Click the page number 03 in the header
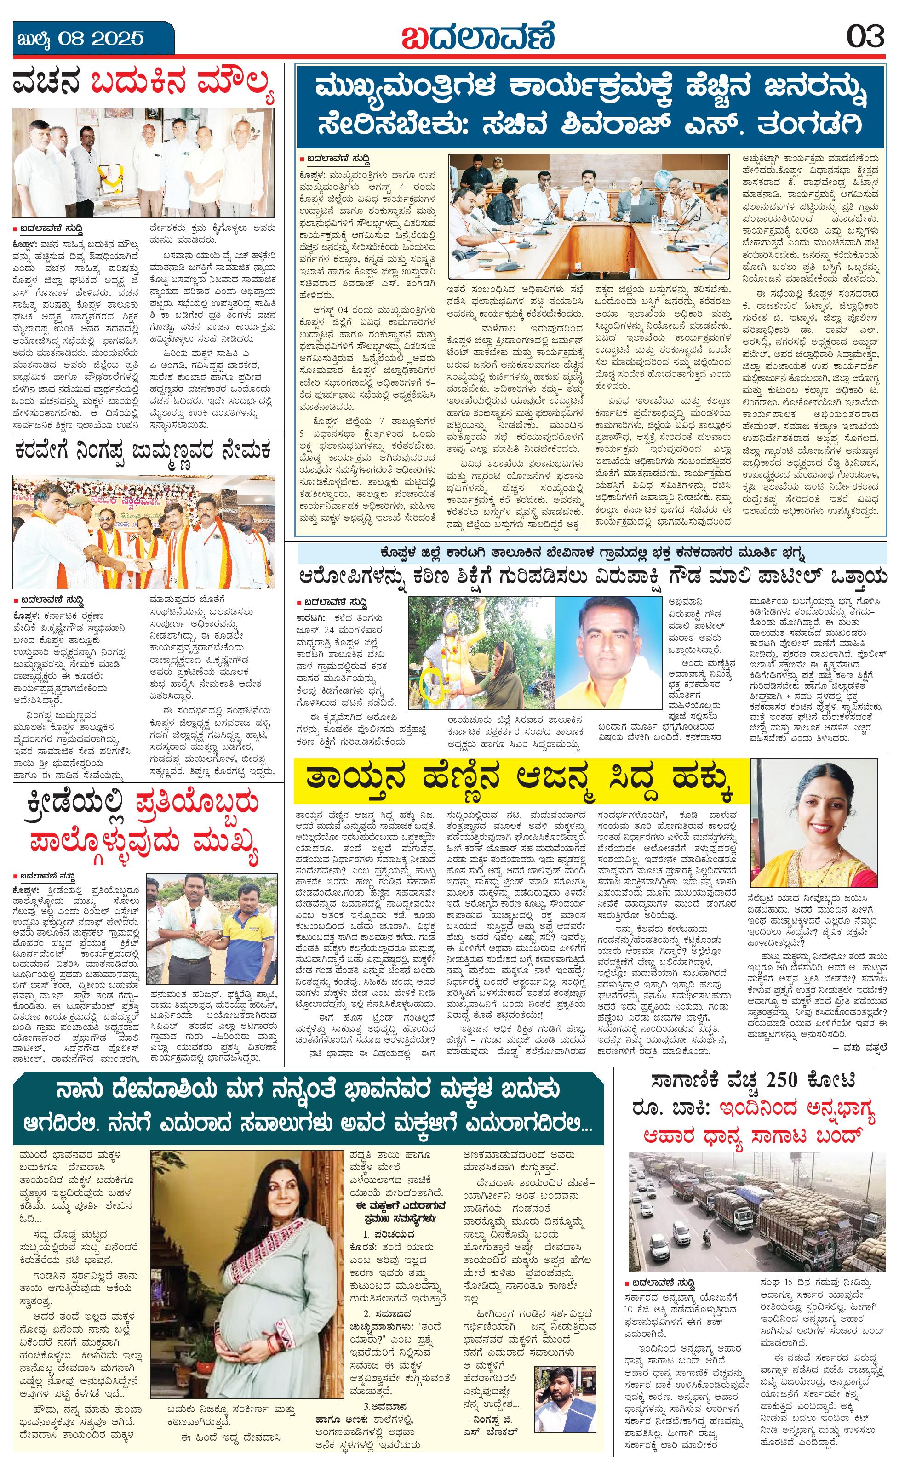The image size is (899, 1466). pyautogui.click(x=866, y=38)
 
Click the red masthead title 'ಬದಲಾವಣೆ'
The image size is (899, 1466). pyautogui.click(x=477, y=36)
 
